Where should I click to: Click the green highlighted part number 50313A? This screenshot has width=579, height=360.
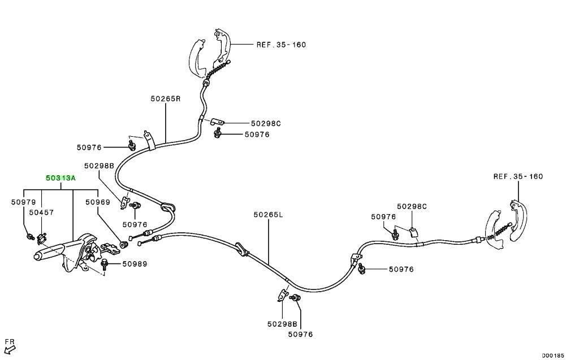[x=61, y=178]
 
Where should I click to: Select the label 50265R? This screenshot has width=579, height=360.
[x=166, y=98]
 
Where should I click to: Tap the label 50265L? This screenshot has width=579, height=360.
[x=268, y=214]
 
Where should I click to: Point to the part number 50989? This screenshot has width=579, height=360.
[x=135, y=263]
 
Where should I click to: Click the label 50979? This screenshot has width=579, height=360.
[x=24, y=202]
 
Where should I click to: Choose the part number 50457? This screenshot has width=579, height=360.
[x=41, y=212]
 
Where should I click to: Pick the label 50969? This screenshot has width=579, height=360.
[x=98, y=202]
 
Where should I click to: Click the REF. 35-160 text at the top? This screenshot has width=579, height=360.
[x=282, y=45]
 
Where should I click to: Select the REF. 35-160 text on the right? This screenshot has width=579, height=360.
[x=518, y=176]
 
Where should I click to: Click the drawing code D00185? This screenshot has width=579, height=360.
[x=553, y=355]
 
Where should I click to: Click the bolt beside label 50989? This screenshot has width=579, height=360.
[x=104, y=263]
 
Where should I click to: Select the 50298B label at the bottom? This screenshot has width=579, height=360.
[x=282, y=324]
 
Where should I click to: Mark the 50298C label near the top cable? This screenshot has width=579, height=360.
[x=266, y=123]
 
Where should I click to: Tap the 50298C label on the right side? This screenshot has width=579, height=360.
[x=412, y=206]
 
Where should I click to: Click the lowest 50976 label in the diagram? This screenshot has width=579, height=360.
[x=301, y=334]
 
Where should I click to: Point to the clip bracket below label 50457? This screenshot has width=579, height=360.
[x=42, y=238]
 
